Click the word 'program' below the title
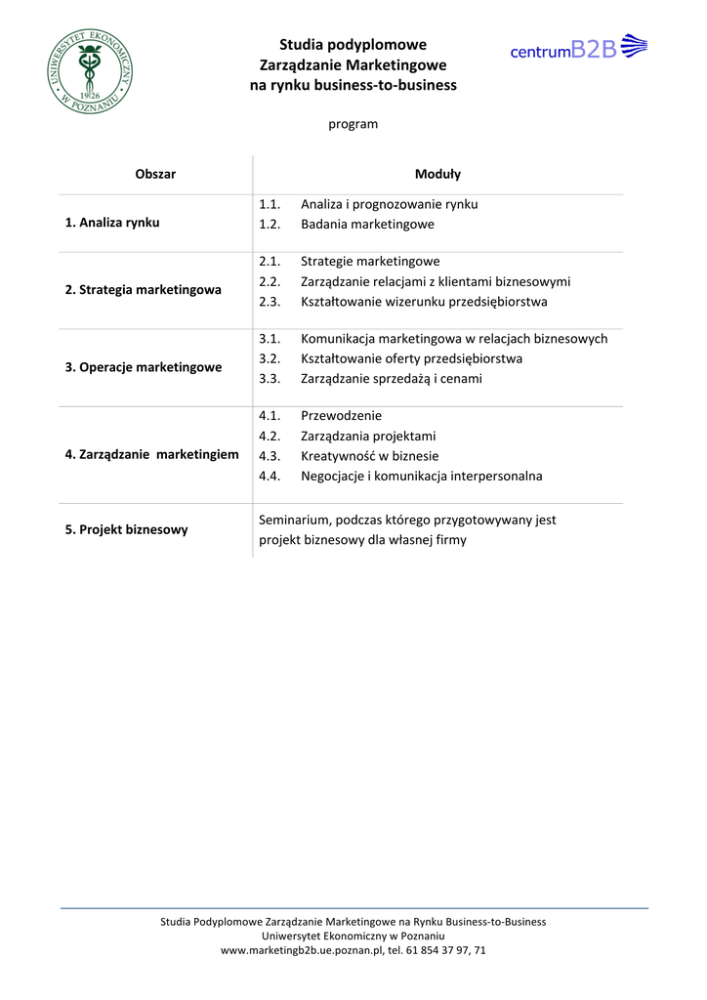pos(353,124)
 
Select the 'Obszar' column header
pos(155,174)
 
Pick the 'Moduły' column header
pos(437,174)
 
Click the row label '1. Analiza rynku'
pos(112,222)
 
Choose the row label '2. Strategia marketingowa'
pos(143,289)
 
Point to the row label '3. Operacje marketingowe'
pos(143,367)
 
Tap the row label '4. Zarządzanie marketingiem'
pos(151,454)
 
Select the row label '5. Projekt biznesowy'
pos(126,529)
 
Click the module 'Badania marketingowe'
pos(367,224)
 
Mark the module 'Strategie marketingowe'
pos(370,261)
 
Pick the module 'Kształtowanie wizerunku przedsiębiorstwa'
pos(424,301)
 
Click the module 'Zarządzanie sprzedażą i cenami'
pos(391,378)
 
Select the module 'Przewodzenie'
pos(341,415)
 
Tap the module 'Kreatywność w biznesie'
pos(369,455)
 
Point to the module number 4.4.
pos(270,476)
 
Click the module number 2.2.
pos(270,281)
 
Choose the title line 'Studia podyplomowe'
pos(353,44)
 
